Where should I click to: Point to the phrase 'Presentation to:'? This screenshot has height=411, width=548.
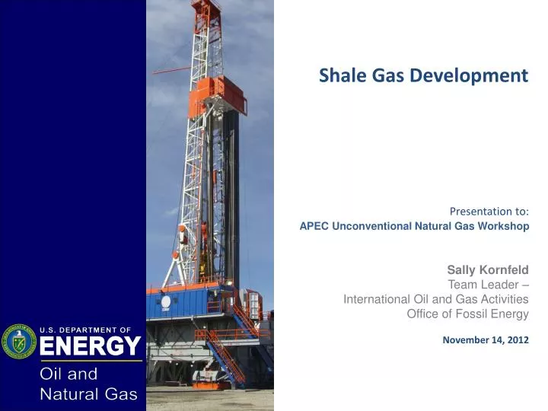[x=489, y=211]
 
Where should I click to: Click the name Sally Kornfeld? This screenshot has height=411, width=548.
[x=487, y=270]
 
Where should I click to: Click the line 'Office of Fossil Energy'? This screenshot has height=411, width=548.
[x=467, y=314]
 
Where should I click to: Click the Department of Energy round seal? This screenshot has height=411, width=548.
[x=18, y=342]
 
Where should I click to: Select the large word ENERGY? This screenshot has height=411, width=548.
[x=90, y=347]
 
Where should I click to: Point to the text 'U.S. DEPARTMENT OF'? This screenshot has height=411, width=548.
[x=86, y=330]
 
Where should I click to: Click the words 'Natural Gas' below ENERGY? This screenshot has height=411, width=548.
[x=88, y=393]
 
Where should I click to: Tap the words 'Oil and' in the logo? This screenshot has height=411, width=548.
[x=68, y=374]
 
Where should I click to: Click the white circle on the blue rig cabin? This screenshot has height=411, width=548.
[x=165, y=301]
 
